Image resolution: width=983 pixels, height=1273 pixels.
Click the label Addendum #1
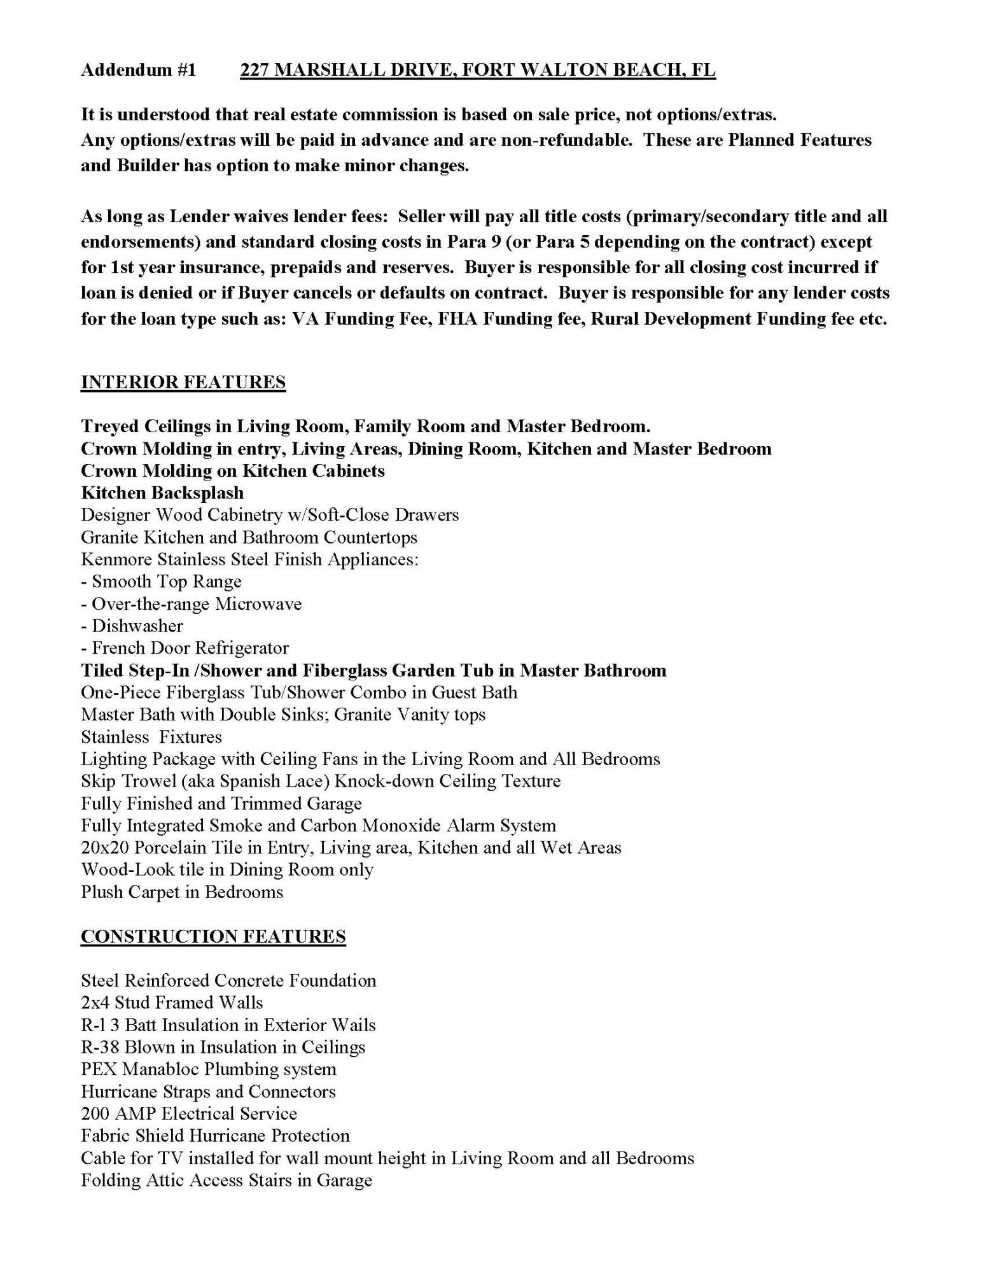(x=139, y=70)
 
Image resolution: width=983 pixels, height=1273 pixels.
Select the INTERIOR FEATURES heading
(x=183, y=383)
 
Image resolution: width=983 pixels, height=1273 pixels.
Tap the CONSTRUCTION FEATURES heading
(x=213, y=936)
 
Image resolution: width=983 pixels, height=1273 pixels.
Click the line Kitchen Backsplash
(x=162, y=493)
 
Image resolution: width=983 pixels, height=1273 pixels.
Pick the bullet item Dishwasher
(x=137, y=626)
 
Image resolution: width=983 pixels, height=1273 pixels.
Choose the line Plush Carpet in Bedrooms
(x=182, y=892)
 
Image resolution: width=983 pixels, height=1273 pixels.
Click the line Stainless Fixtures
(x=151, y=737)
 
